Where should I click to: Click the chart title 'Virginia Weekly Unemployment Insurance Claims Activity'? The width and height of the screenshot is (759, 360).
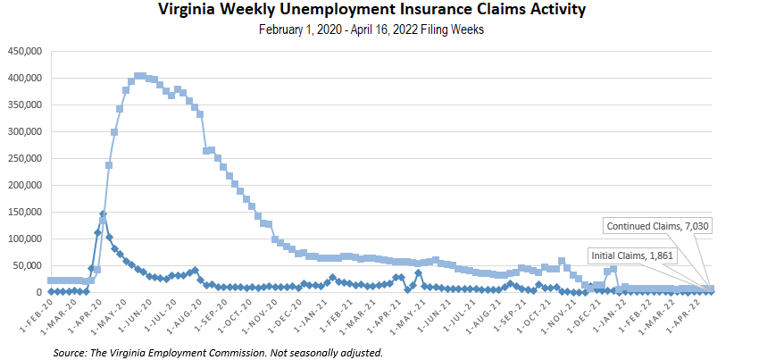click(379, 11)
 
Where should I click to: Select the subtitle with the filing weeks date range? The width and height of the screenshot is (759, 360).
click(379, 29)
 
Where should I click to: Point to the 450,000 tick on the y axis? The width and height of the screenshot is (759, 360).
click(26, 51)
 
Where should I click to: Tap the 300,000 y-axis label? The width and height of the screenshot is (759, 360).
click(26, 131)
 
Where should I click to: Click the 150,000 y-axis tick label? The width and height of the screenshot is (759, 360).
click(26, 212)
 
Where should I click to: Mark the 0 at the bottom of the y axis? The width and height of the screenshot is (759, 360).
click(40, 292)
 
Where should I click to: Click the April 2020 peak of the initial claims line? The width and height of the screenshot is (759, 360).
click(103, 214)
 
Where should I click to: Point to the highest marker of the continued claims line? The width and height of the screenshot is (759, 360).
click(140, 76)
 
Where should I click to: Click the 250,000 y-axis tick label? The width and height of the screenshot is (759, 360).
click(26, 158)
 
